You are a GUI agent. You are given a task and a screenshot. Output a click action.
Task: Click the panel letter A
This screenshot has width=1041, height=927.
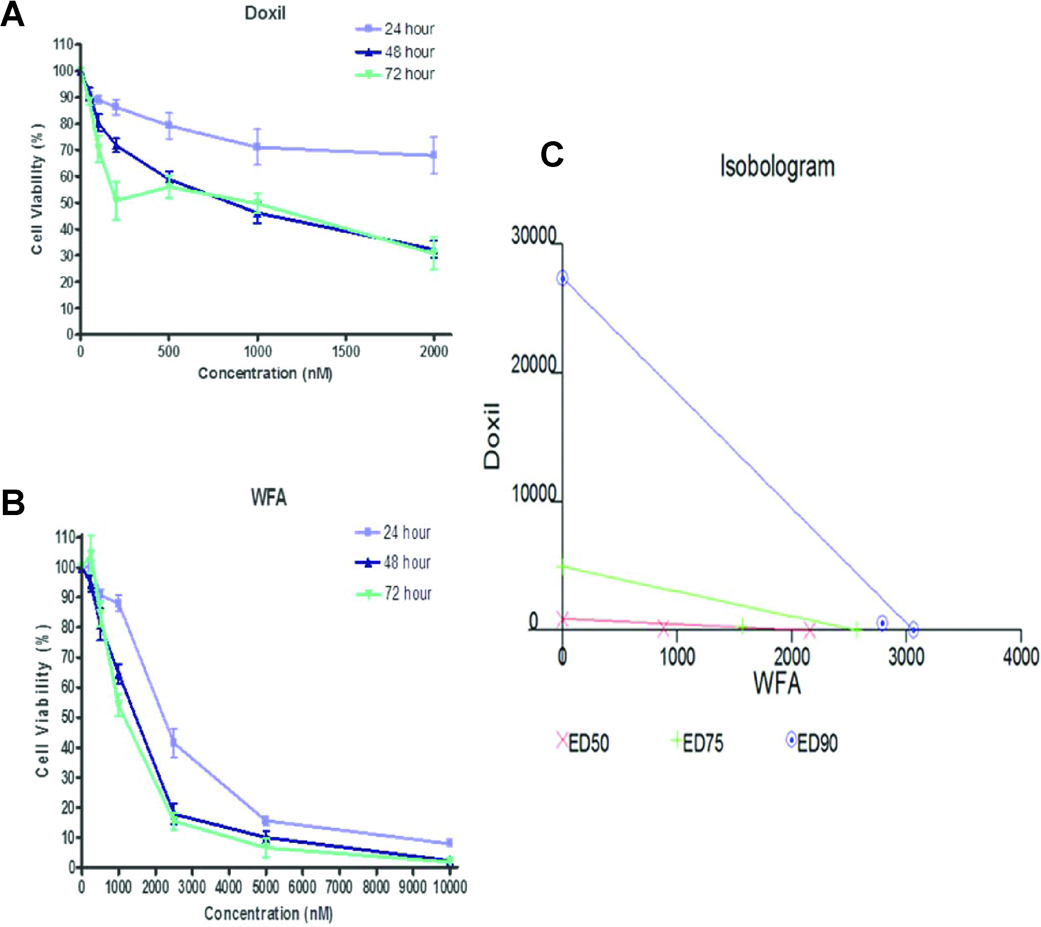(12, 15)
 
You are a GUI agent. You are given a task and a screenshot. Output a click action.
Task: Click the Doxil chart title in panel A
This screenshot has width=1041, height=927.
(265, 13)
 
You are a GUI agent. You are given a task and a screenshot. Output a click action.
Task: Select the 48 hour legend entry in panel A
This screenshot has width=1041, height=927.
(409, 52)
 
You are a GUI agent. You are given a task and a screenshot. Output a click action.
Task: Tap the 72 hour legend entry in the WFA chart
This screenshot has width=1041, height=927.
(408, 593)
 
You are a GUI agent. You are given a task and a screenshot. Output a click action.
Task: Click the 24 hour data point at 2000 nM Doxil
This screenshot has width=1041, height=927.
(433, 155)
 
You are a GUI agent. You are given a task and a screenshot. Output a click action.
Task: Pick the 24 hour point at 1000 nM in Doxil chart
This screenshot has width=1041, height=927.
(258, 147)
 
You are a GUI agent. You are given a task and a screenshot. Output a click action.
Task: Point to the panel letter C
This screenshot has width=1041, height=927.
(552, 154)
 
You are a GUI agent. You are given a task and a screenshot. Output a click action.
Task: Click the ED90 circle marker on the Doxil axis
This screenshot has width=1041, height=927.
(562, 278)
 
